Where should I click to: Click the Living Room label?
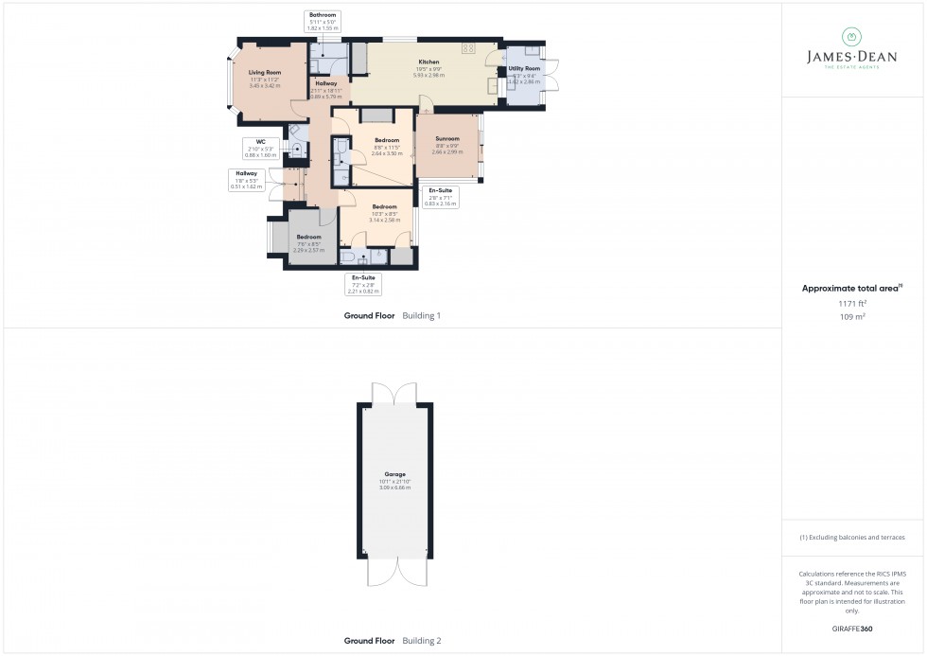[265, 72]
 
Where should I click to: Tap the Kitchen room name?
[429, 62]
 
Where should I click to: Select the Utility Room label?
[524, 69]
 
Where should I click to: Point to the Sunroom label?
[446, 139]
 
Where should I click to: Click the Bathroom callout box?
[322, 23]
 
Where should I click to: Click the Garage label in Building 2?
[394, 474]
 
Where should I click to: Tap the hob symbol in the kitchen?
[468, 48]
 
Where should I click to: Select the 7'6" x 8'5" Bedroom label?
[308, 237]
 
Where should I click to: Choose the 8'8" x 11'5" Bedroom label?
[386, 140]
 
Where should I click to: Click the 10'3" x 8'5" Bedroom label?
[384, 206]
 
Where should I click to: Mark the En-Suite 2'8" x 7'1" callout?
[441, 196]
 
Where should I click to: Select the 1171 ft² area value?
[852, 303]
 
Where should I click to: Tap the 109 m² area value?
[852, 317]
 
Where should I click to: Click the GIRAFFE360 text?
[852, 629]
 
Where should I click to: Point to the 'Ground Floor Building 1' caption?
[393, 315]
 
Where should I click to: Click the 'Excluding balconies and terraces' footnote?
[852, 537]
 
